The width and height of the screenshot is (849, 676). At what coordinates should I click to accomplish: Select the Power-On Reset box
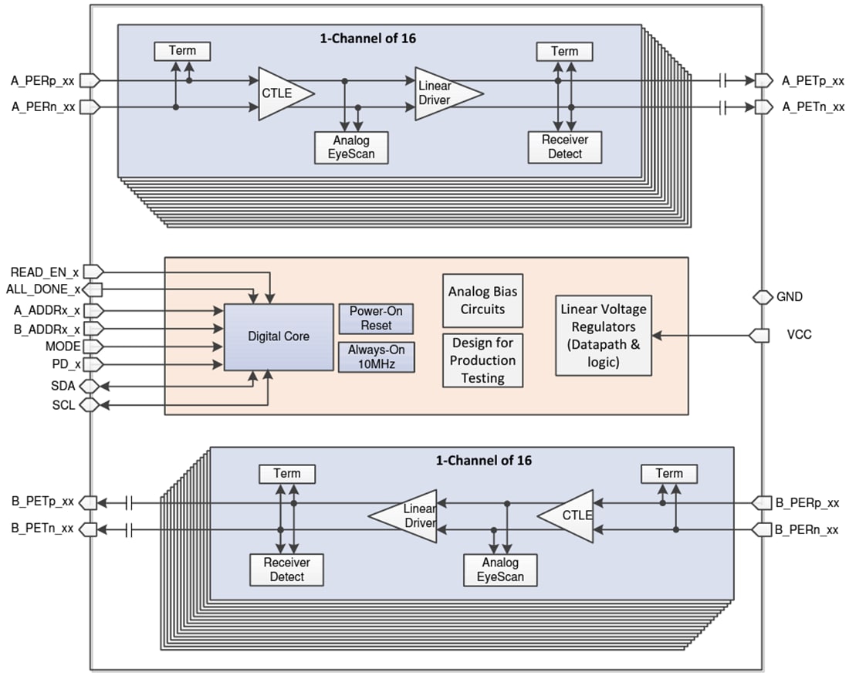pos(376,318)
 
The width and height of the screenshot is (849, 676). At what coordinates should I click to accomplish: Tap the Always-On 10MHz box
pos(376,357)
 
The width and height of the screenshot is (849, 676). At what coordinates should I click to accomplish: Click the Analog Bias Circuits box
pos(483,300)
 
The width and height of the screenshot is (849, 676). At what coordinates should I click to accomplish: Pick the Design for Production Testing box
pos(483,360)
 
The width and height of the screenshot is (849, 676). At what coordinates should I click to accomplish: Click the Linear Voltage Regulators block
pos(604,336)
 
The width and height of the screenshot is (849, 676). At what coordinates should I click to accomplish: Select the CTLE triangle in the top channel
pos(282,93)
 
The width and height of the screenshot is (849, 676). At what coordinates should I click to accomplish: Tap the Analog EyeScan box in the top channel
pos(351,147)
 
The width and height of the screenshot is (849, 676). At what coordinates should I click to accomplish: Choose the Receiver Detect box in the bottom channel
pos(286,570)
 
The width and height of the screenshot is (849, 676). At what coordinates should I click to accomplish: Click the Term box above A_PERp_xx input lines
pos(182,51)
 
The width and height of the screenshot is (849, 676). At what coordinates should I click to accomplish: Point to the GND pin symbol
pos(763,297)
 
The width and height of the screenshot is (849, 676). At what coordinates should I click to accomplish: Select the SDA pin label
pos(63,385)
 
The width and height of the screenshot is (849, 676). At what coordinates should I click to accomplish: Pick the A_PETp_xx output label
pos(813,80)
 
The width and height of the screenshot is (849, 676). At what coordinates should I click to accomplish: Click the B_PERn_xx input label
pos(807,530)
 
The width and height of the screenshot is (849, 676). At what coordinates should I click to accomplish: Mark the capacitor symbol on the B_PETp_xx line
pos(128,503)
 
